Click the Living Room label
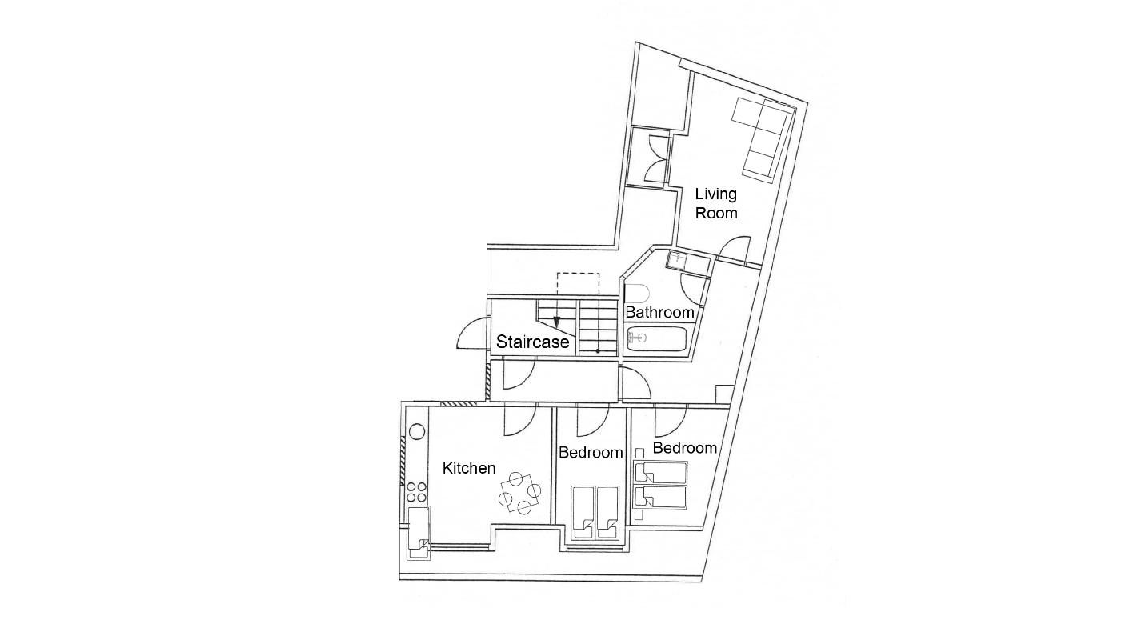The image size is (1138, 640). coord(715,203)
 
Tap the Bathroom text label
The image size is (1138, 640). coord(659,312)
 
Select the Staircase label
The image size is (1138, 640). coord(532,342)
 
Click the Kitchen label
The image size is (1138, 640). coord(469,468)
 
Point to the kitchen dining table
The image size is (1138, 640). coord(519,493)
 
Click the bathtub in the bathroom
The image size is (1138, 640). coord(657,338)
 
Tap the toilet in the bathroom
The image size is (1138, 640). coord(637,294)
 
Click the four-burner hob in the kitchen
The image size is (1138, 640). coord(417,492)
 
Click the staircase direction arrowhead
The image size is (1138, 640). coord(556,322)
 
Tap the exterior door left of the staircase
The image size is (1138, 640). coord(472,334)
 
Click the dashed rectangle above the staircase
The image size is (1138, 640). coord(578,284)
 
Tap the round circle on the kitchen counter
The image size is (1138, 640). coord(417,432)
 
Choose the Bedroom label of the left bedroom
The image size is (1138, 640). coord(591,452)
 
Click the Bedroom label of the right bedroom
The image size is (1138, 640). coord(685,447)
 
